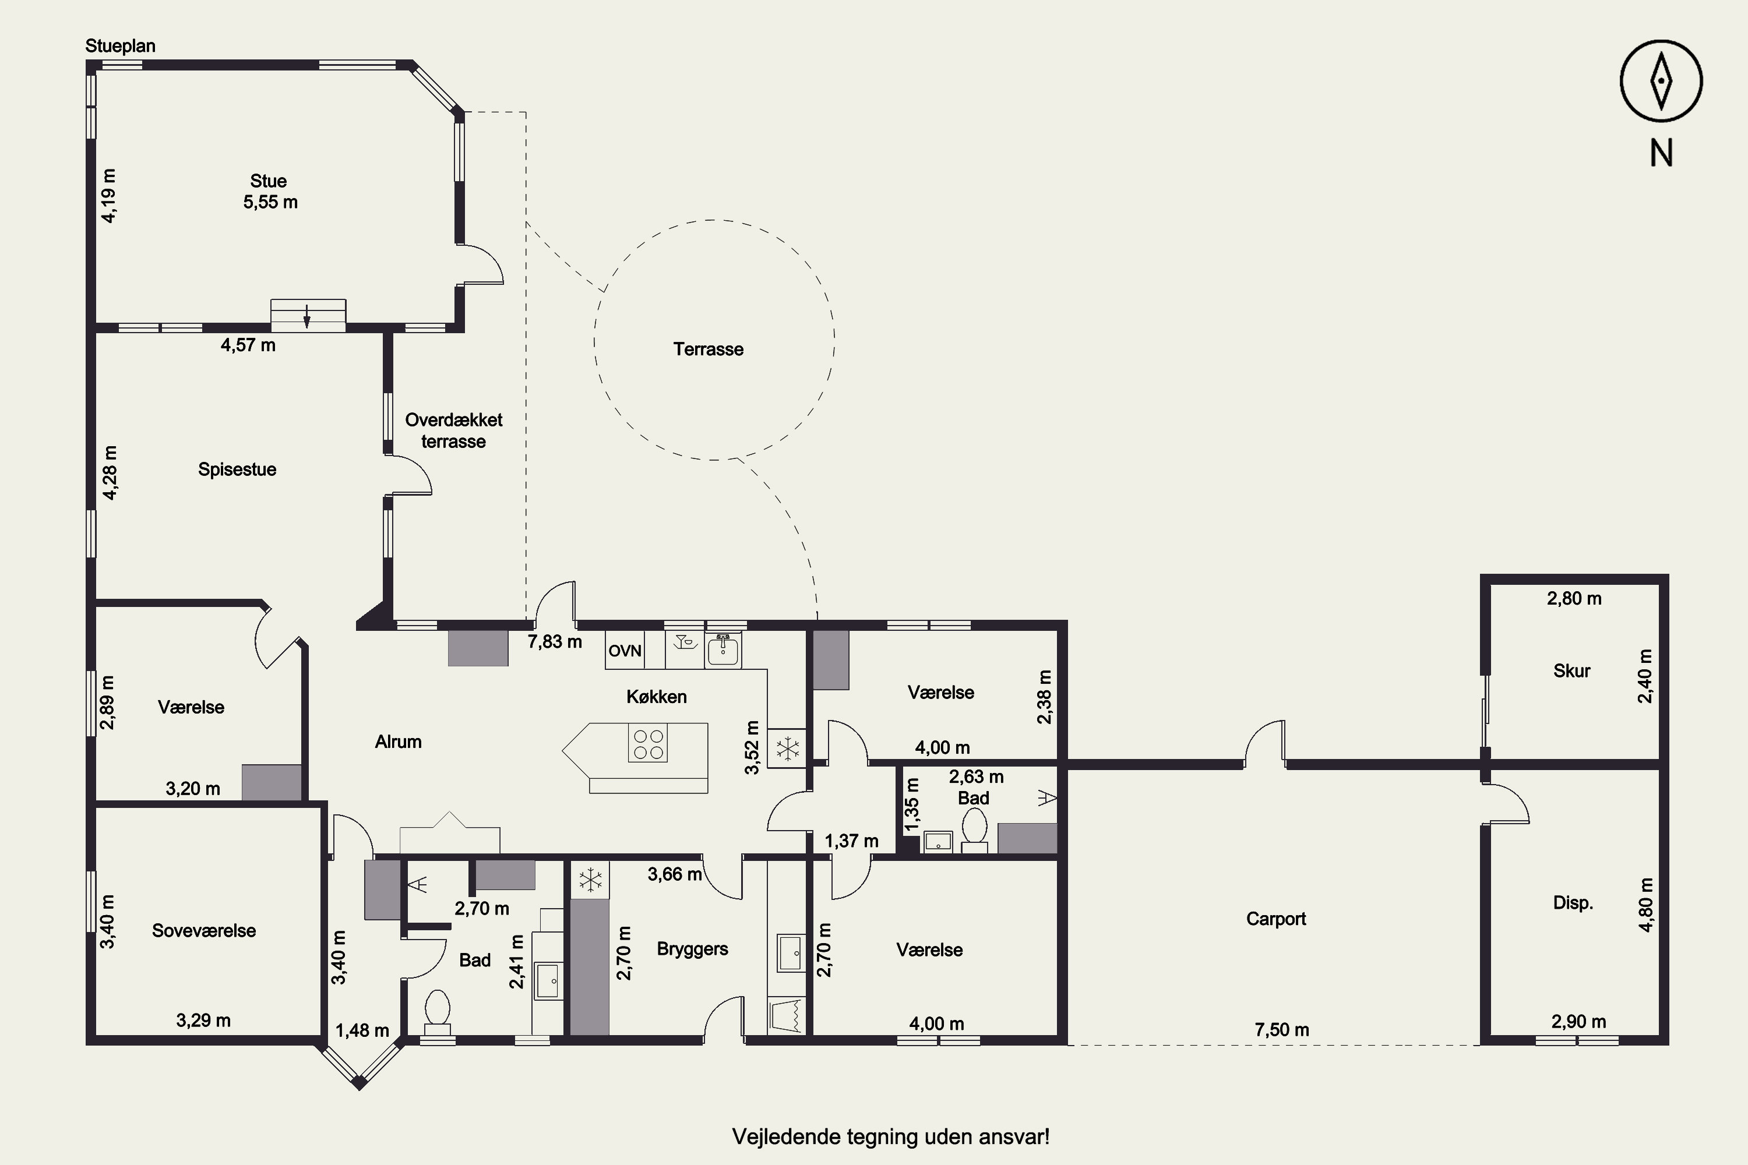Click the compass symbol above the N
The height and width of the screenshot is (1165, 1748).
tap(1661, 81)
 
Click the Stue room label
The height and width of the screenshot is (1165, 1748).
tap(268, 181)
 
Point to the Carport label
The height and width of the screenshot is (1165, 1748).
tap(1275, 919)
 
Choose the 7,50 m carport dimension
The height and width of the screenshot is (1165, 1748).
tap(1282, 1030)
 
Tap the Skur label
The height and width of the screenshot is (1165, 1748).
tap(1572, 671)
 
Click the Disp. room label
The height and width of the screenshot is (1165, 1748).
tap(1573, 903)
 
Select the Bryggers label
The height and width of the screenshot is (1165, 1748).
tap(692, 949)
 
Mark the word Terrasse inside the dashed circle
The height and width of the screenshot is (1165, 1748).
tap(709, 349)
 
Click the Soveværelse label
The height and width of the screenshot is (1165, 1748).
tap(203, 931)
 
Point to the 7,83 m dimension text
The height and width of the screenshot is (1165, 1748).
tap(555, 641)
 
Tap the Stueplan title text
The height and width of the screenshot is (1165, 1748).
tap(121, 46)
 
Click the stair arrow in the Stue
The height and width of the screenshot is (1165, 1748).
tap(306, 316)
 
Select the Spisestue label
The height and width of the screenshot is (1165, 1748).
tap(237, 469)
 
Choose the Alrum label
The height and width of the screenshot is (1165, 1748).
tap(399, 742)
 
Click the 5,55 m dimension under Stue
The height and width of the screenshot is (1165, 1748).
tap(270, 202)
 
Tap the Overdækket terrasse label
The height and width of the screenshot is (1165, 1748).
tap(454, 430)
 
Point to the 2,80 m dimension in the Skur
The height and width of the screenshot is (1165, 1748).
tap(1574, 598)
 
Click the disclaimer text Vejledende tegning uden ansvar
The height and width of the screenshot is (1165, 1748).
tap(891, 1137)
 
